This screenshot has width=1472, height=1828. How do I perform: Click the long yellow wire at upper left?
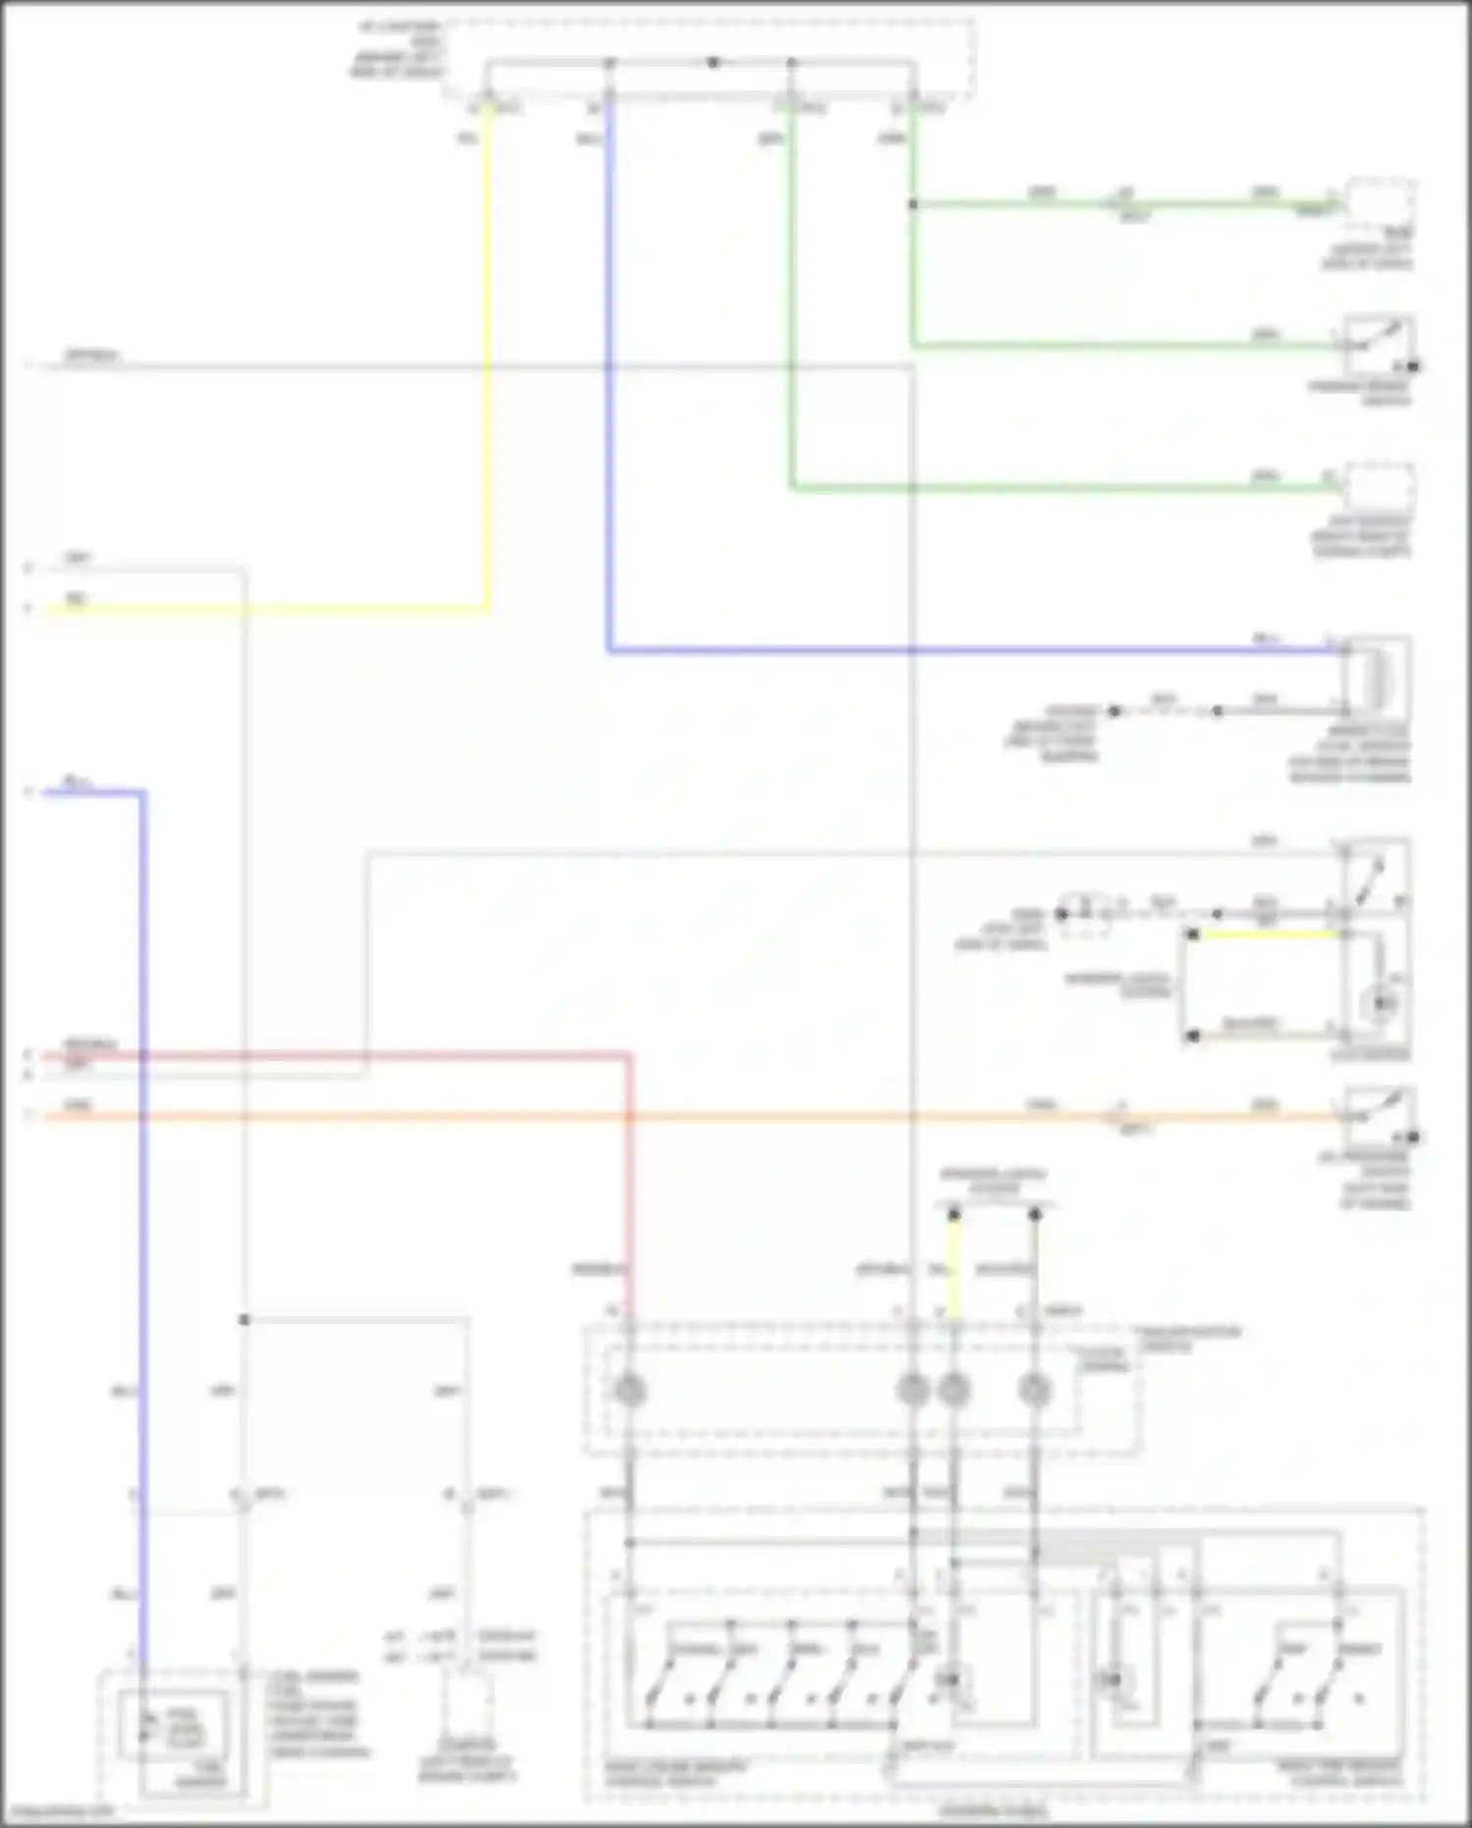click(488, 393)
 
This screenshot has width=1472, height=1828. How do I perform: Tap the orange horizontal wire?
click(687, 1117)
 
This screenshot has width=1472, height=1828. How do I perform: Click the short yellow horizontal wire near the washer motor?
click(1267, 934)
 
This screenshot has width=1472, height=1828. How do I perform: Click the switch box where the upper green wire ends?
click(1379, 344)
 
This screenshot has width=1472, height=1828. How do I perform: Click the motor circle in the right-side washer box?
click(1382, 1004)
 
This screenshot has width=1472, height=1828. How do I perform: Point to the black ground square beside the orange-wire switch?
click(1414, 1137)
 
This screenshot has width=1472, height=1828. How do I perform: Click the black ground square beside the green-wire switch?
click(1414, 366)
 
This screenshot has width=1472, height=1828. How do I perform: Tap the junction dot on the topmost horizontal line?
click(714, 62)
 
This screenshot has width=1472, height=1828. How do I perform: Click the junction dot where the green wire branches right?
click(913, 204)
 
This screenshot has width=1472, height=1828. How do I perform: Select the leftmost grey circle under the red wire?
click(629, 1390)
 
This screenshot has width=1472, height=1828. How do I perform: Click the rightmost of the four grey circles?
click(1034, 1390)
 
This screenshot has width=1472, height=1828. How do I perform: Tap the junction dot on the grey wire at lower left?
click(245, 1319)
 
